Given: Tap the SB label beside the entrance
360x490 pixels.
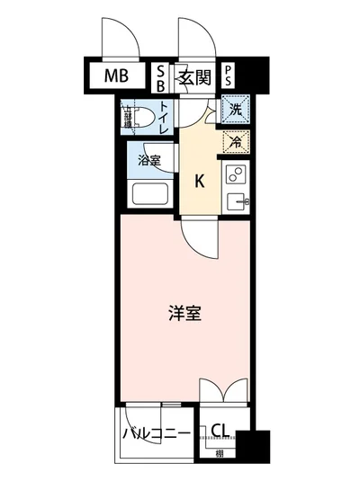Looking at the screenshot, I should click(x=161, y=76).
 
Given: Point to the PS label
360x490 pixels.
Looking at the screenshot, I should click(x=229, y=76).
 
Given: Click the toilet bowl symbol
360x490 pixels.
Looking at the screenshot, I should click(x=138, y=115).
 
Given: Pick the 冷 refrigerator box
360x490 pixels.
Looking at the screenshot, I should click(x=234, y=140).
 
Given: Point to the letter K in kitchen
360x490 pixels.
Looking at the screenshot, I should click(x=201, y=180).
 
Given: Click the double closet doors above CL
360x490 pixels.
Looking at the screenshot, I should click(x=221, y=392).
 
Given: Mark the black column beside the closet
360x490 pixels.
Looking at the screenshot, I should click(x=258, y=445).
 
